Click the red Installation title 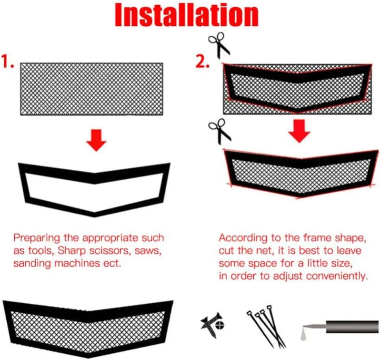coord(187,15)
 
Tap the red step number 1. coord(7,62)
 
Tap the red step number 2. coord(203,62)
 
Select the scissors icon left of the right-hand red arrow coord(220,131)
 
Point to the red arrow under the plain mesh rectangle coord(96,140)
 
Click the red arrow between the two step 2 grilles coord(299,131)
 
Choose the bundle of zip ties coord(266,326)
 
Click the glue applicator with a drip coord(340,329)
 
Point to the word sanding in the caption coord(32,264)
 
